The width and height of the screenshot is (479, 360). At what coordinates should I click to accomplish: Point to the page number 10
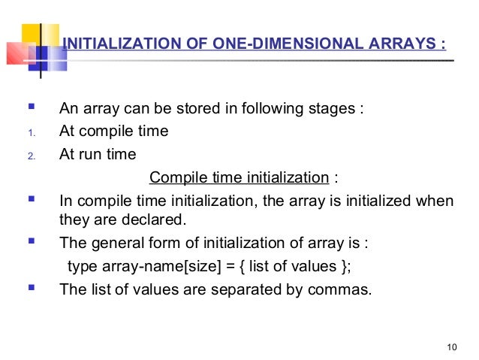[450, 346]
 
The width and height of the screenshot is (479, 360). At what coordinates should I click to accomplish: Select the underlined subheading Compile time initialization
[239, 178]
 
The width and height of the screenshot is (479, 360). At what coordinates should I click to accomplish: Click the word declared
[157, 220]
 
